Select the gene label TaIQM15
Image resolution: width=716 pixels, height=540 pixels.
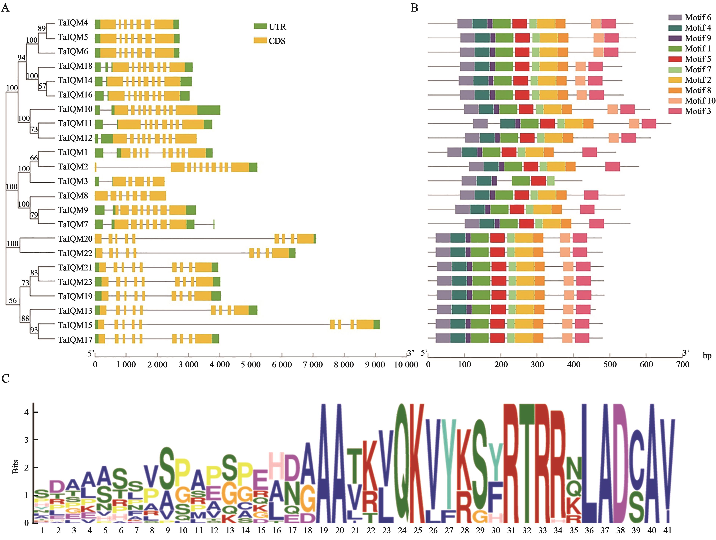75,325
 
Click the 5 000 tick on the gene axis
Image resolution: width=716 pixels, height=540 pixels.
251,365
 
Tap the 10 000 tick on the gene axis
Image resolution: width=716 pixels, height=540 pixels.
406,365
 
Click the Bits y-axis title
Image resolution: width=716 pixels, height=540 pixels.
15,466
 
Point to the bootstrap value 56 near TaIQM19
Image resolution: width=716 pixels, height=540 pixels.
13,301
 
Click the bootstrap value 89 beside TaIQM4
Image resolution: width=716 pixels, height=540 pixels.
42,28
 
